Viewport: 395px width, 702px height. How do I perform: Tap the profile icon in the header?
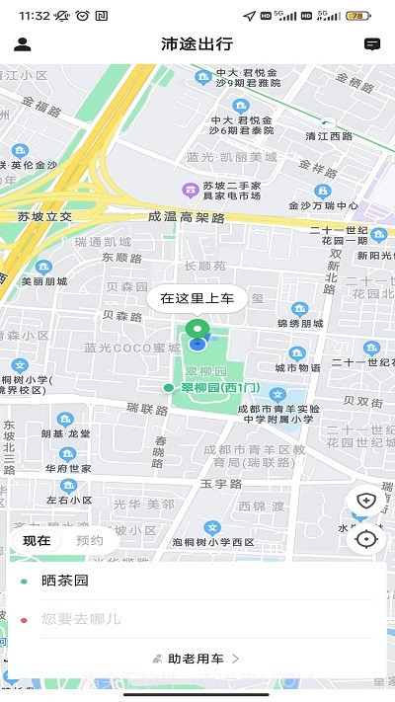pos(23,44)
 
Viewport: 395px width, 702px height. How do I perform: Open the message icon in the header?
pos(371,44)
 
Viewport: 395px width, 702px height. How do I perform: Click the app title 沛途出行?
pos(197,44)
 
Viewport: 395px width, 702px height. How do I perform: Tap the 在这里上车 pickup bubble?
pos(197,297)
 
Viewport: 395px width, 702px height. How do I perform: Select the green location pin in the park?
pos(197,332)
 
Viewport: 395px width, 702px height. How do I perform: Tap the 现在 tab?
pos(38,540)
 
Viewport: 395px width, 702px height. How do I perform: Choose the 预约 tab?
pos(89,540)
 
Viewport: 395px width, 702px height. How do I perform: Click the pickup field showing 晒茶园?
pos(197,582)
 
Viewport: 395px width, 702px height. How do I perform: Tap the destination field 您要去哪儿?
pos(197,619)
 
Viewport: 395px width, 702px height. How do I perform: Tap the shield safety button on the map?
pos(366,501)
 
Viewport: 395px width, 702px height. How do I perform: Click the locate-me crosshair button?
pos(366,539)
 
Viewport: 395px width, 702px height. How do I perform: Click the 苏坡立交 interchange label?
pos(44,216)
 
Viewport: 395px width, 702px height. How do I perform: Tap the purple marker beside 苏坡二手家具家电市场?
pos(187,190)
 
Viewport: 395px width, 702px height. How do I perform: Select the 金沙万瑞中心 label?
pos(323,206)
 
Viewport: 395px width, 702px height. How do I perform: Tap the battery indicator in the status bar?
pos(357,16)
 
